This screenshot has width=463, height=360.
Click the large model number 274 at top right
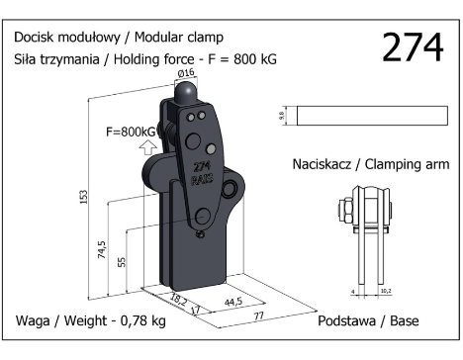pyautogui.click(x=413, y=47)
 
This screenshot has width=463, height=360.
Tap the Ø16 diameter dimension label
pyautogui.click(x=186, y=73)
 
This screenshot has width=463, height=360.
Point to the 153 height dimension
pyautogui.click(x=84, y=197)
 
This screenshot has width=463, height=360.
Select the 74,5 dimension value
pyautogui.click(x=103, y=249)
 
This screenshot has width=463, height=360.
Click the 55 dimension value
pyautogui.click(x=122, y=262)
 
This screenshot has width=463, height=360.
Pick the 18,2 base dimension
pyautogui.click(x=179, y=300)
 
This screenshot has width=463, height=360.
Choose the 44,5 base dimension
pyautogui.click(x=233, y=302)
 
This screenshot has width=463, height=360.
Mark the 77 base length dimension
pyautogui.click(x=259, y=315)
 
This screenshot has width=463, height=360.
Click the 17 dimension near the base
pyautogui.click(x=195, y=310)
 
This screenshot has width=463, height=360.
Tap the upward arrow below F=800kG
pyautogui.click(x=147, y=147)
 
